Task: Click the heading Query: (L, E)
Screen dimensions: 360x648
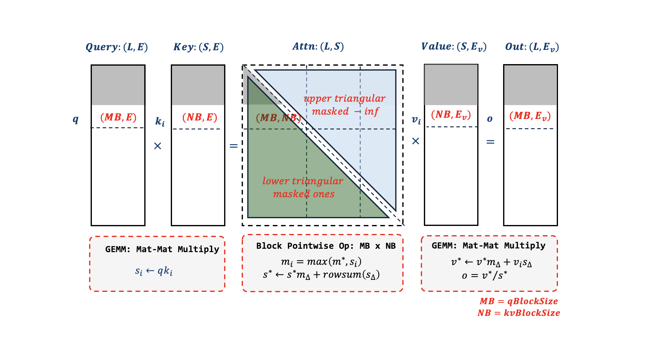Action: click(x=117, y=47)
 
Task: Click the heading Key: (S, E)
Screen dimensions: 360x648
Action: click(x=198, y=47)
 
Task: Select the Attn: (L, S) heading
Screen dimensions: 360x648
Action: click(x=318, y=46)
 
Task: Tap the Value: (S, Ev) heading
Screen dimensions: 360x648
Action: click(x=453, y=47)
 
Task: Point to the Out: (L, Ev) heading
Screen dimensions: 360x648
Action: click(x=531, y=47)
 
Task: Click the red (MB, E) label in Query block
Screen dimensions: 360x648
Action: click(x=118, y=117)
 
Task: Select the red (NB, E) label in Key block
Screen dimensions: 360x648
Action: click(x=199, y=117)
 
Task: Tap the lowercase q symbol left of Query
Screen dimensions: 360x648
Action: click(x=76, y=119)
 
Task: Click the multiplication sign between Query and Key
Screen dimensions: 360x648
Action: click(x=158, y=146)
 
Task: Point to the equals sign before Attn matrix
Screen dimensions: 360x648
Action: click(x=233, y=145)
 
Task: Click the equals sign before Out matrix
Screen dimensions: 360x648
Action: click(x=490, y=142)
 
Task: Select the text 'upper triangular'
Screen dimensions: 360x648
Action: click(x=344, y=98)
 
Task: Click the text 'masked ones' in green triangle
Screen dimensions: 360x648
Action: click(x=304, y=194)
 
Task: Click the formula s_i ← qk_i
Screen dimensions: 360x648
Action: click(x=154, y=271)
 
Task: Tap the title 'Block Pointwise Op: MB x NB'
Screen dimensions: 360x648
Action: click(x=326, y=246)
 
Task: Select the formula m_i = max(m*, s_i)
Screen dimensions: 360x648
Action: click(x=321, y=262)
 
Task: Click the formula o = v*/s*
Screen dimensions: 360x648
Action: click(x=484, y=275)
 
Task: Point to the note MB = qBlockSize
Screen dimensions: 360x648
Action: click(x=519, y=301)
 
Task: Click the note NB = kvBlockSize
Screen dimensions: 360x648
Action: click(x=519, y=313)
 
